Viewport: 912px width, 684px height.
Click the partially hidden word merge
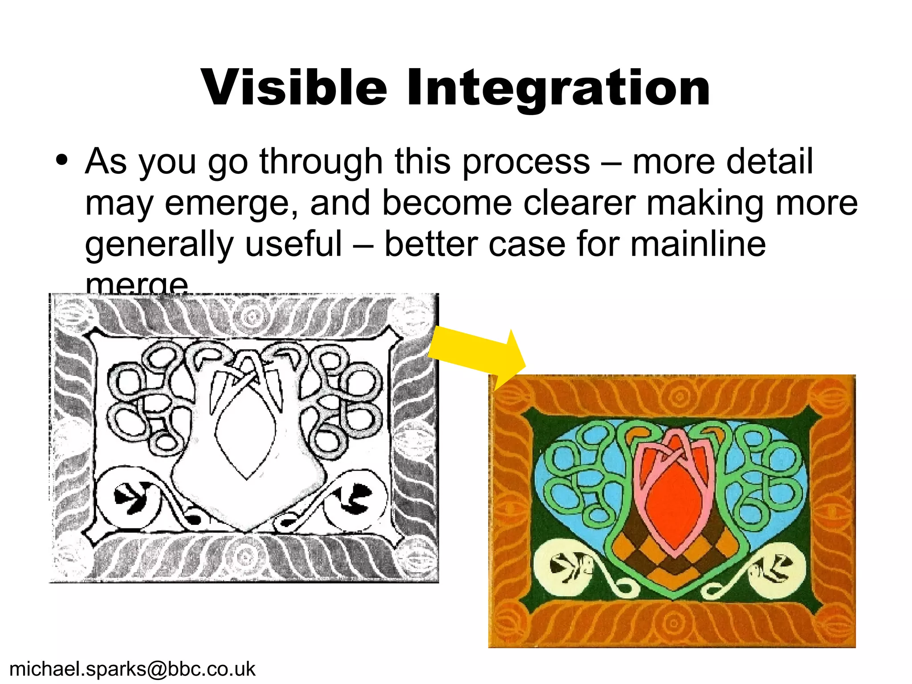click(x=137, y=284)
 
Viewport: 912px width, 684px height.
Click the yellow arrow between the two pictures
click(x=476, y=352)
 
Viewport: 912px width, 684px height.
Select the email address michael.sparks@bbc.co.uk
click(x=132, y=669)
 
